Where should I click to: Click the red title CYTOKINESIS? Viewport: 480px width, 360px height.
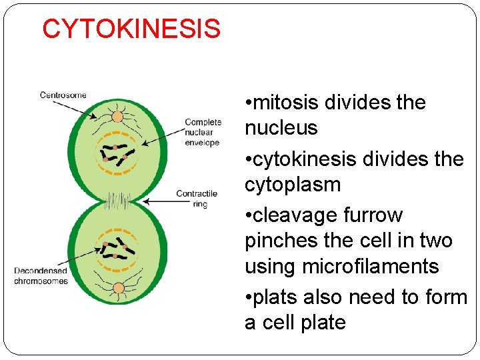[x=131, y=29]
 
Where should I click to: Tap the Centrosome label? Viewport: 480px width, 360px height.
[x=63, y=95]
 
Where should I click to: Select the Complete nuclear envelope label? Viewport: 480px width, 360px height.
[x=203, y=132]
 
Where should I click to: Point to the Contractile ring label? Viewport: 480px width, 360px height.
[x=197, y=199]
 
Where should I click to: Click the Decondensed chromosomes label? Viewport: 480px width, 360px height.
[x=41, y=276]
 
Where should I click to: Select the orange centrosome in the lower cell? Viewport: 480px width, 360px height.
[x=118, y=288]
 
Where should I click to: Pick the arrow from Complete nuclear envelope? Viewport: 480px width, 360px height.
[x=163, y=133]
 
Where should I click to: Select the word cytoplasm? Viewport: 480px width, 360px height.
[x=293, y=185]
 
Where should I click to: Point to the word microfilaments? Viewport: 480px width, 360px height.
[x=370, y=266]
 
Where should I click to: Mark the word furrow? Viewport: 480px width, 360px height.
[x=373, y=216]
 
